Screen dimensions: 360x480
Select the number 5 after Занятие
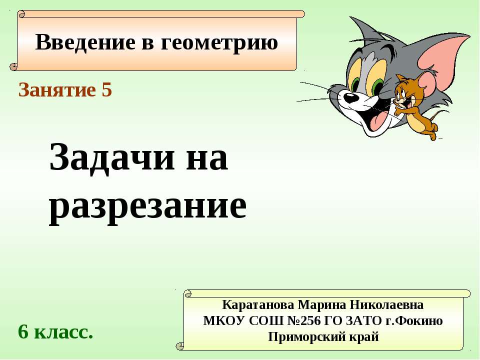[x=106, y=90]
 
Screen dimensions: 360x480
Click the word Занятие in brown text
[x=56, y=90]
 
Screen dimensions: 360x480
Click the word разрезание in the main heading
[x=148, y=206]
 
